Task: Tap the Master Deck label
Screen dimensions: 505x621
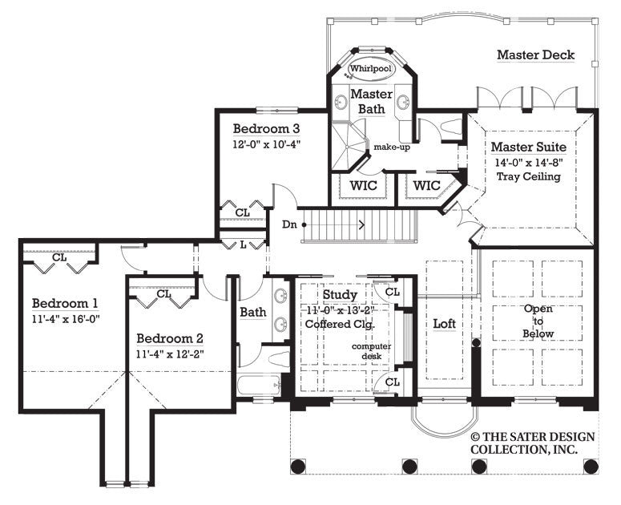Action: [535, 55]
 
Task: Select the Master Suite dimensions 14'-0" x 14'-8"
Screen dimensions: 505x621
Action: [528, 162]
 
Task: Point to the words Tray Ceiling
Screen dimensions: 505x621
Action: [528, 176]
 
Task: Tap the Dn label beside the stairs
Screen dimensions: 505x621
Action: [289, 225]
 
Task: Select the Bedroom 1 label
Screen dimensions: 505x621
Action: [66, 303]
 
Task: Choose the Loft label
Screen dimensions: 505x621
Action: [445, 324]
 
